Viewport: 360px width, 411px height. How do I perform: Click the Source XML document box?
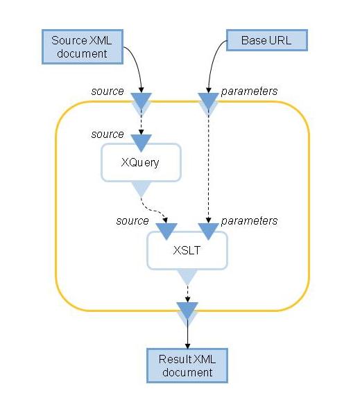pos(83,46)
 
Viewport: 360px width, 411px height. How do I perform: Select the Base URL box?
pos(267,40)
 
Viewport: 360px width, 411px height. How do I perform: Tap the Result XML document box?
pos(187,365)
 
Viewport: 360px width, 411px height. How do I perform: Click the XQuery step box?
pos(142,162)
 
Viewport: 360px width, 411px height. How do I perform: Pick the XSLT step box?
pos(187,250)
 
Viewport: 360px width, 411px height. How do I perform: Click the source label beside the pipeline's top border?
pos(108,91)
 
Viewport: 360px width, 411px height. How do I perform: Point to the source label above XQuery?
pos(108,134)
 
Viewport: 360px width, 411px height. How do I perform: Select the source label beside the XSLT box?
pos(132,220)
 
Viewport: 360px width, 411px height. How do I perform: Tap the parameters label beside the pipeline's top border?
pos(249,91)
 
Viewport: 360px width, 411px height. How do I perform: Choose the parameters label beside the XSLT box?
pos(249,220)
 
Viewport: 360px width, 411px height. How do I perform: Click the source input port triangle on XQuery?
pos(142,141)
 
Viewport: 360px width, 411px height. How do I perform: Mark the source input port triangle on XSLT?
pos(166,230)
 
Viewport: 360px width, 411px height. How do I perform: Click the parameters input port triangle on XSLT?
pos(208,230)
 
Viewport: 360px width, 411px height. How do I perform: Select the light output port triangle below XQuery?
pos(142,189)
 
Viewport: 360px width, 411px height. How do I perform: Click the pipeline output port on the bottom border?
pos(187,311)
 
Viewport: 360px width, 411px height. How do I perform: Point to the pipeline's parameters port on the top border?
pos(208,102)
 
